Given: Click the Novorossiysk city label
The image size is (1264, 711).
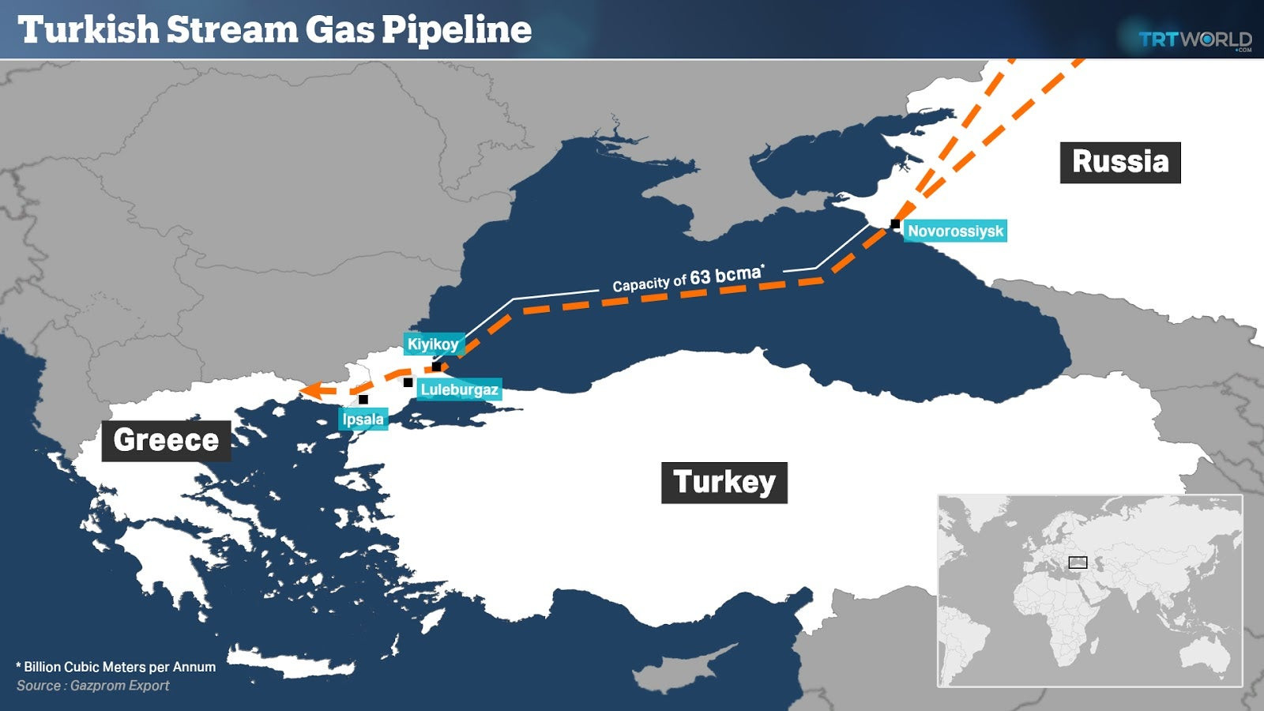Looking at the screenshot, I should click(x=955, y=231).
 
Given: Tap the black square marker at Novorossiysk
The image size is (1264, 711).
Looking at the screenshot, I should click(x=895, y=224).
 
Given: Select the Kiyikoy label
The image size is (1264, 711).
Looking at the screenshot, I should click(x=432, y=344).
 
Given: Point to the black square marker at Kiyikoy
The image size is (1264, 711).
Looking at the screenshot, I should click(x=436, y=367).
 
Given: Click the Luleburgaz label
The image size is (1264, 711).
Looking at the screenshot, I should click(x=459, y=389).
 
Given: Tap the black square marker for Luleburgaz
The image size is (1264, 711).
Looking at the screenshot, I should click(x=408, y=382).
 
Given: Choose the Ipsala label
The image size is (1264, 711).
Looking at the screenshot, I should click(x=363, y=419).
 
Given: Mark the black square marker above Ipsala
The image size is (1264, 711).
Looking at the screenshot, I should click(x=363, y=399).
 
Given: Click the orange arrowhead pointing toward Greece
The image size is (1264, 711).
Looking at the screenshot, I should click(x=310, y=390).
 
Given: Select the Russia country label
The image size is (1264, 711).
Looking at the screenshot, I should click(x=1119, y=162).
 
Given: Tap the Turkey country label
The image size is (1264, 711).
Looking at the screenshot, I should click(x=724, y=482).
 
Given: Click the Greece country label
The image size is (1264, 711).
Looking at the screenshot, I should click(x=166, y=440).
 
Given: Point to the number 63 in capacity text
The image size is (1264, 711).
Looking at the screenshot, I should click(x=700, y=277).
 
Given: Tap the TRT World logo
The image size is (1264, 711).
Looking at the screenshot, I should click(x=1194, y=39).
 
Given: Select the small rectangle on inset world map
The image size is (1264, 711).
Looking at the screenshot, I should click(x=1078, y=562).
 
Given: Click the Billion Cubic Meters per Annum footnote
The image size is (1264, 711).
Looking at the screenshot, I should click(x=117, y=667).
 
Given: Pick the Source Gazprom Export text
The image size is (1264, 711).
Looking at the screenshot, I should click(x=93, y=686).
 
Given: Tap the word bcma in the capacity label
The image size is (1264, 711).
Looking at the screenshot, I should click(x=739, y=274).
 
